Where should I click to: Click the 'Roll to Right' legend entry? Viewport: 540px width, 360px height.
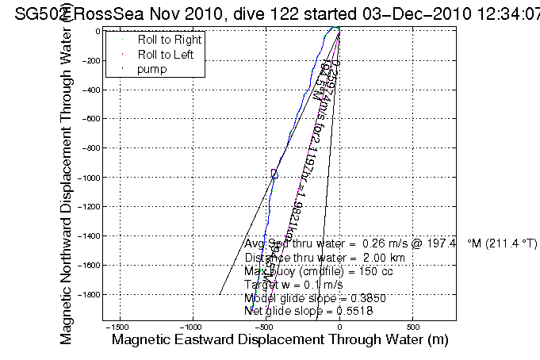(170, 40)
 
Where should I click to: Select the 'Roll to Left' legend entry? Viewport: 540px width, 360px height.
(167, 55)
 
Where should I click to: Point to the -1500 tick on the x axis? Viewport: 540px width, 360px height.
(118, 327)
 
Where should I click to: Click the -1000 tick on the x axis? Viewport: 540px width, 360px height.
(192, 327)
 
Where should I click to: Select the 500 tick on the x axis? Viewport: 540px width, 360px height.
(412, 327)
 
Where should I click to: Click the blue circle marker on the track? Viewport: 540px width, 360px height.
(274, 174)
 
